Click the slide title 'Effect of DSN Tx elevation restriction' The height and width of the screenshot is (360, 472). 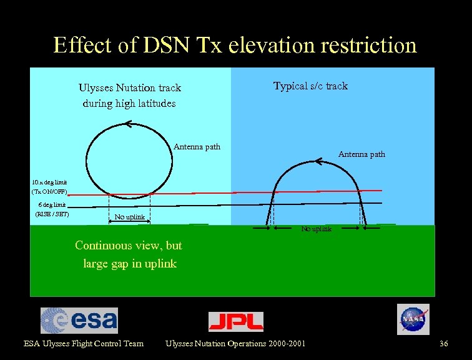tap(235, 45)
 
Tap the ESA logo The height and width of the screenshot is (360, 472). tap(79, 320)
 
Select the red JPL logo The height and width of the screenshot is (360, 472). tap(235, 321)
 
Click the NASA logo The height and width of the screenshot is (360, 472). tap(413, 319)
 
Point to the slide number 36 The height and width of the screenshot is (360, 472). tap(443, 344)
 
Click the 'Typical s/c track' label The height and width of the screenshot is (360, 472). tap(310, 86)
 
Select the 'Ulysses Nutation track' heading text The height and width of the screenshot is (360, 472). tap(129, 88)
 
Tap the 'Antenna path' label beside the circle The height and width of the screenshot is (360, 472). tap(197, 147)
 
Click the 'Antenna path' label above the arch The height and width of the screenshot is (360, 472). tap(361, 154)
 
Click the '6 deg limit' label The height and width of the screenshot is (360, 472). tap(51, 204)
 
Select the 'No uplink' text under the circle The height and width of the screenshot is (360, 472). tap(129, 217)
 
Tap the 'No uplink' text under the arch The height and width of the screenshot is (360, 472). tap(317, 229)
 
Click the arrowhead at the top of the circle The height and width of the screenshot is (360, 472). tap(127, 124)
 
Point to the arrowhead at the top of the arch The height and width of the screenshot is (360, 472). tap(318, 162)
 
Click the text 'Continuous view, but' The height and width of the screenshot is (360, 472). tap(129, 246)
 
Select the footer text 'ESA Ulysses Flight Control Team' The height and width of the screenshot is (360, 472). tap(84, 344)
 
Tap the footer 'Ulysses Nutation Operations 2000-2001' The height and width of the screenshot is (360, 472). tap(235, 344)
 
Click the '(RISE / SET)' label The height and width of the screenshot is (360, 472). tap(52, 214)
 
